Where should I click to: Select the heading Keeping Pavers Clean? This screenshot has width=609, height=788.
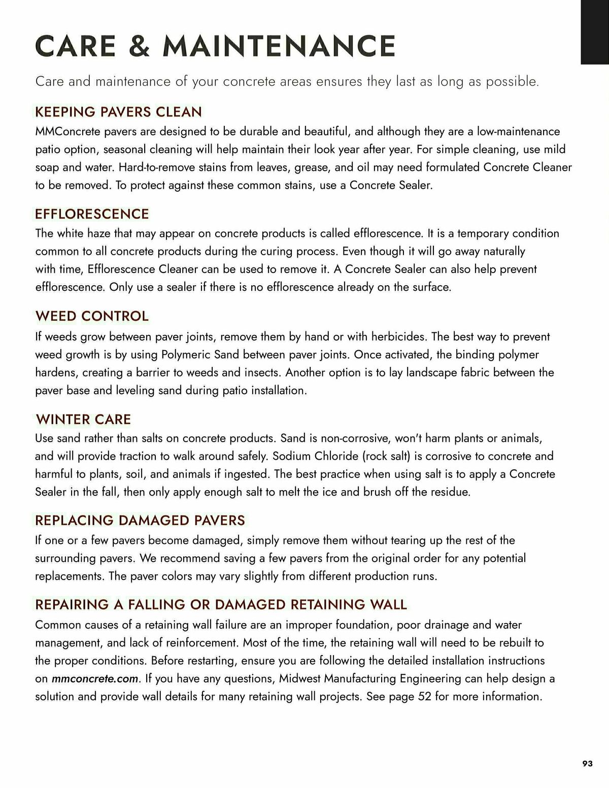[x=118, y=112]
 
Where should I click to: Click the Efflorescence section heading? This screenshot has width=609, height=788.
[x=92, y=214]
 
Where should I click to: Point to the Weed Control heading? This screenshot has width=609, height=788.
[x=92, y=316]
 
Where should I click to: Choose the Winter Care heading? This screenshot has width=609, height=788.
[x=83, y=419]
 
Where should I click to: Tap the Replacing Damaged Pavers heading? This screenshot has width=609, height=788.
[x=140, y=520]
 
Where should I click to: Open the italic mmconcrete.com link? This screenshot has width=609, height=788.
[x=95, y=678]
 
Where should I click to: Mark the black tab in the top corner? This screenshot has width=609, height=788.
[x=595, y=31]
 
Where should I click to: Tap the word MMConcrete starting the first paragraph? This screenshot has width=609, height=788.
[x=68, y=131]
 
